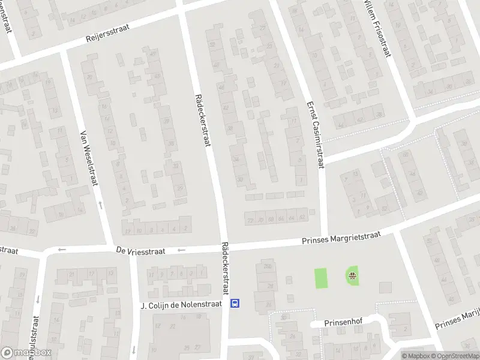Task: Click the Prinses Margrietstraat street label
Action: (x=342, y=238)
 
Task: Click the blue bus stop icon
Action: (x=236, y=303)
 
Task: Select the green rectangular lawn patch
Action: (x=322, y=278)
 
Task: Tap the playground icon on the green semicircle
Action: (x=352, y=276)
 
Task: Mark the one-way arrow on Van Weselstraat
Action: (x=100, y=206)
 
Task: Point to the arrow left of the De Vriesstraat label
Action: (x=62, y=250)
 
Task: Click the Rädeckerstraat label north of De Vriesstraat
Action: (x=203, y=120)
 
